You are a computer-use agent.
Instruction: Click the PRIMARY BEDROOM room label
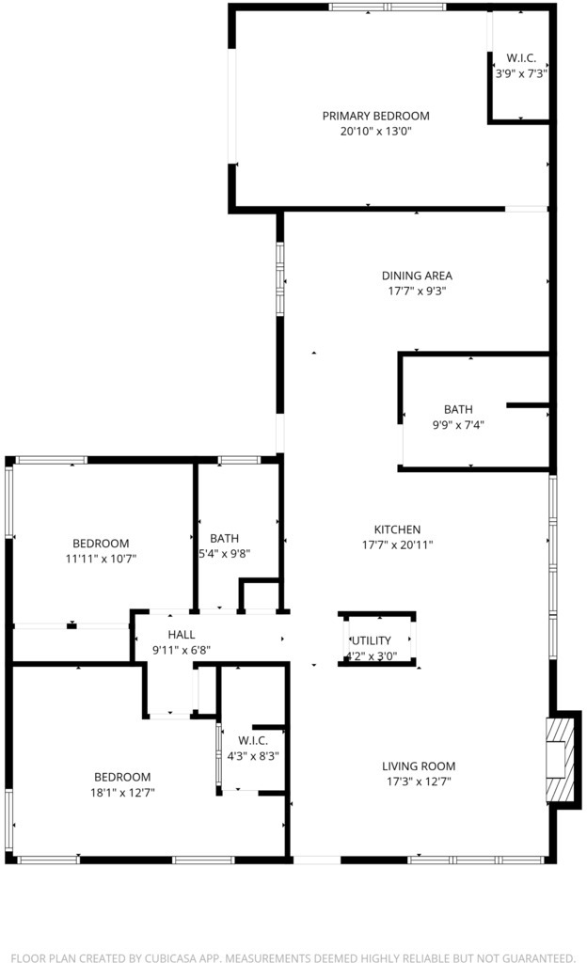click(375, 116)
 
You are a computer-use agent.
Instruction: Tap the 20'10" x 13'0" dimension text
click(375, 131)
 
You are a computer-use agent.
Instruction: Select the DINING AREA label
click(417, 276)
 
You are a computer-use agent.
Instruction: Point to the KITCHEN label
click(397, 529)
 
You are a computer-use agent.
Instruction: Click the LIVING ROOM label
click(419, 766)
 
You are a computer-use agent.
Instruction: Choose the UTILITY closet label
click(372, 640)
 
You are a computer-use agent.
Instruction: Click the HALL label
click(182, 635)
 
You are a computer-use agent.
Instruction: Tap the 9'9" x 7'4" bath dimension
click(458, 424)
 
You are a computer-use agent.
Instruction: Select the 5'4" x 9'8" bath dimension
click(224, 553)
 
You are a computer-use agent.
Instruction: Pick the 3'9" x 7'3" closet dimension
click(521, 73)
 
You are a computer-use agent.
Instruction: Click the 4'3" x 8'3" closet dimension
click(253, 756)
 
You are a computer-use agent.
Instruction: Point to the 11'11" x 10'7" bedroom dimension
click(101, 559)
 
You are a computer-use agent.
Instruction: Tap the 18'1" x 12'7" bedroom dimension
click(122, 792)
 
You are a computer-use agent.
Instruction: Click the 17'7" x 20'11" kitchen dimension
click(397, 545)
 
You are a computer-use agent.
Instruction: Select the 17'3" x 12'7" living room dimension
click(419, 781)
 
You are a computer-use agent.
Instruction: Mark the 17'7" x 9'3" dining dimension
click(417, 292)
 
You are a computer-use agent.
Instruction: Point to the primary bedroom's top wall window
click(388, 8)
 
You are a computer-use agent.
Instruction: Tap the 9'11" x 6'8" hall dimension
click(182, 650)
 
